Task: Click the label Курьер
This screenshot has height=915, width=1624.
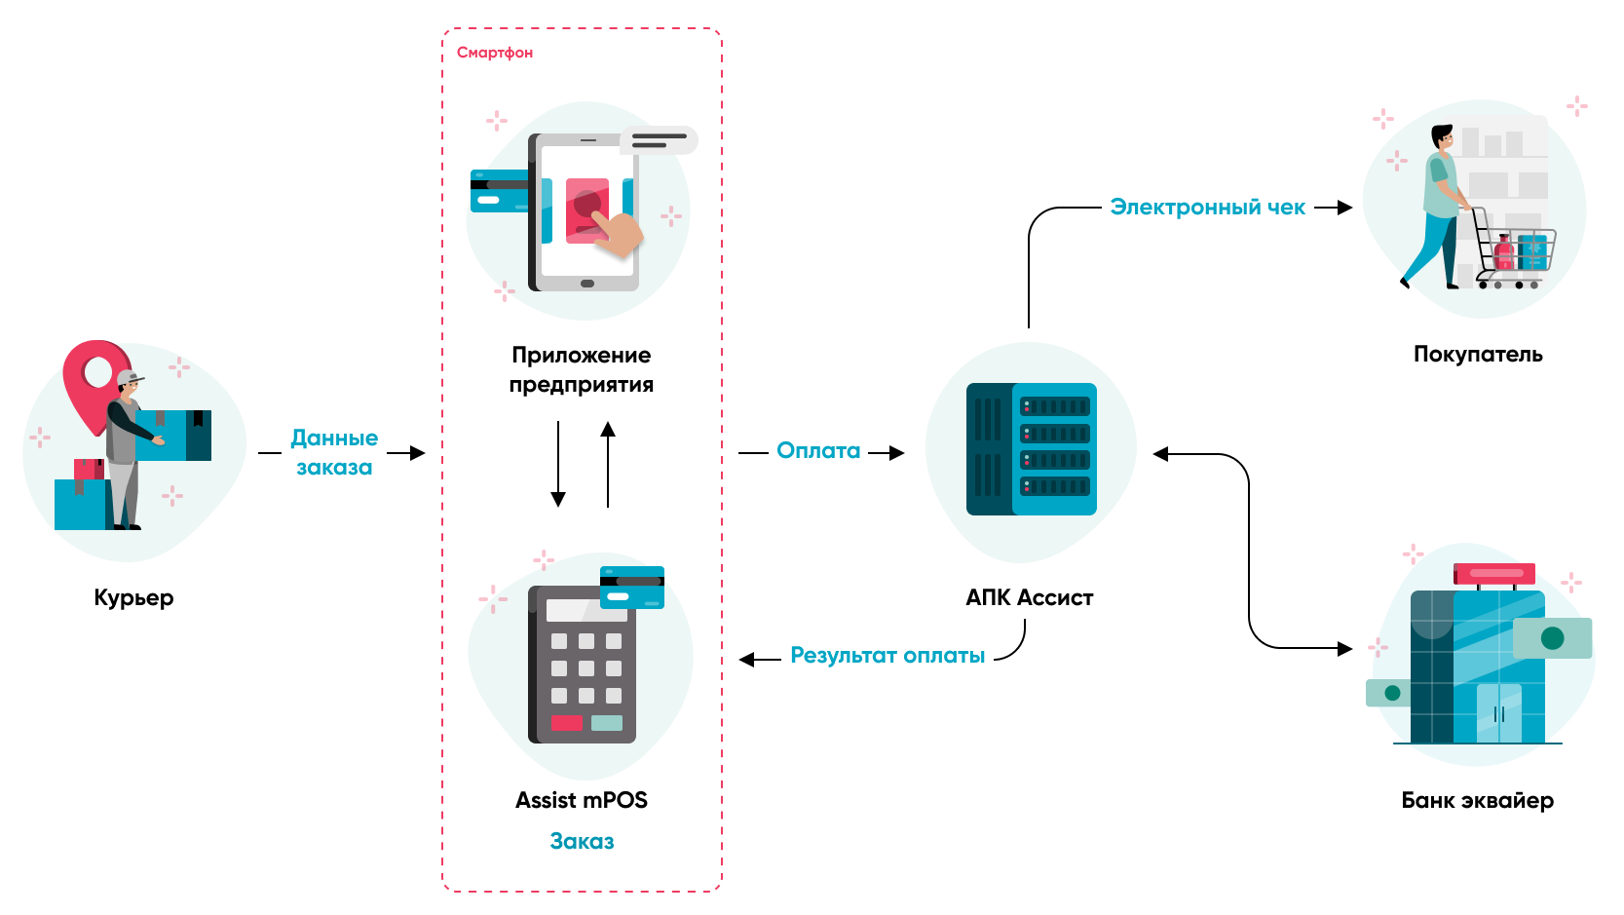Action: pyautogui.click(x=133, y=597)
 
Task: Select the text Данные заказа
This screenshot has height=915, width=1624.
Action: pyautogui.click(x=334, y=452)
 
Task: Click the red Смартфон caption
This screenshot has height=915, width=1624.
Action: pyautogui.click(x=495, y=53)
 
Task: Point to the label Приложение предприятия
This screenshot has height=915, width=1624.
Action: pyautogui.click(x=582, y=369)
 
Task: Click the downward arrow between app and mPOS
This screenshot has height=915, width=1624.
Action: pyautogui.click(x=558, y=464)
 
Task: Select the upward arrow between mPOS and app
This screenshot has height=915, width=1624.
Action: pyautogui.click(x=608, y=464)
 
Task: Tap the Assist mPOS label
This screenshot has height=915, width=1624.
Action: pyautogui.click(x=582, y=800)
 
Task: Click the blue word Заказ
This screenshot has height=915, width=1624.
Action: pyautogui.click(x=582, y=841)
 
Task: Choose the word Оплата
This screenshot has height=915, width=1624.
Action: pyautogui.click(x=818, y=450)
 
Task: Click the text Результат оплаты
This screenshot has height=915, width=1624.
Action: pyautogui.click(x=888, y=656)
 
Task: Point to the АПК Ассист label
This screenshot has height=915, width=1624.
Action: pyautogui.click(x=1029, y=597)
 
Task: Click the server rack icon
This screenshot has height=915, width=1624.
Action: pyautogui.click(x=1032, y=449)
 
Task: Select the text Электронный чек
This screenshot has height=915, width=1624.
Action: pyautogui.click(x=1207, y=208)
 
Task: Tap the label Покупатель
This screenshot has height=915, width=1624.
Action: pyautogui.click(x=1478, y=354)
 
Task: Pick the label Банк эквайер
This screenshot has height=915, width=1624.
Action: pyautogui.click(x=1477, y=800)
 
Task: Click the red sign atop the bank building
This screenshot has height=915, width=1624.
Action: pyautogui.click(x=1494, y=573)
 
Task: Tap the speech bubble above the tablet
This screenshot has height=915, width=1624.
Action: pyautogui.click(x=660, y=140)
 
